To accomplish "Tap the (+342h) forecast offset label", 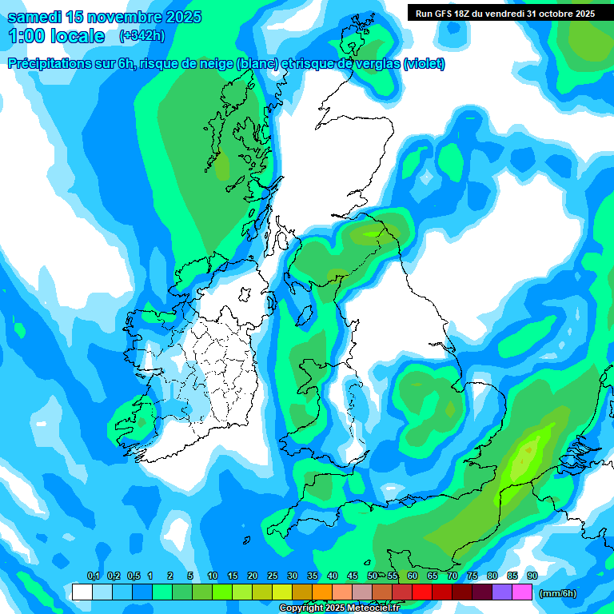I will coord(142,36).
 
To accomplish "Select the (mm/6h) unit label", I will coord(557,593).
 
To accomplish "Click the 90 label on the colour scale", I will coord(532,576).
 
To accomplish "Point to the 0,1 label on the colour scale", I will coord(93,576).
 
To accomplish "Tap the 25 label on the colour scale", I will coord(273,576).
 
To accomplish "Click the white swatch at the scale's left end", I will coord(82,592).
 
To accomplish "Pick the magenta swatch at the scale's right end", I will coord(522,592).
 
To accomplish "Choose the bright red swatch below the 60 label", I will coord(422,592).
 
